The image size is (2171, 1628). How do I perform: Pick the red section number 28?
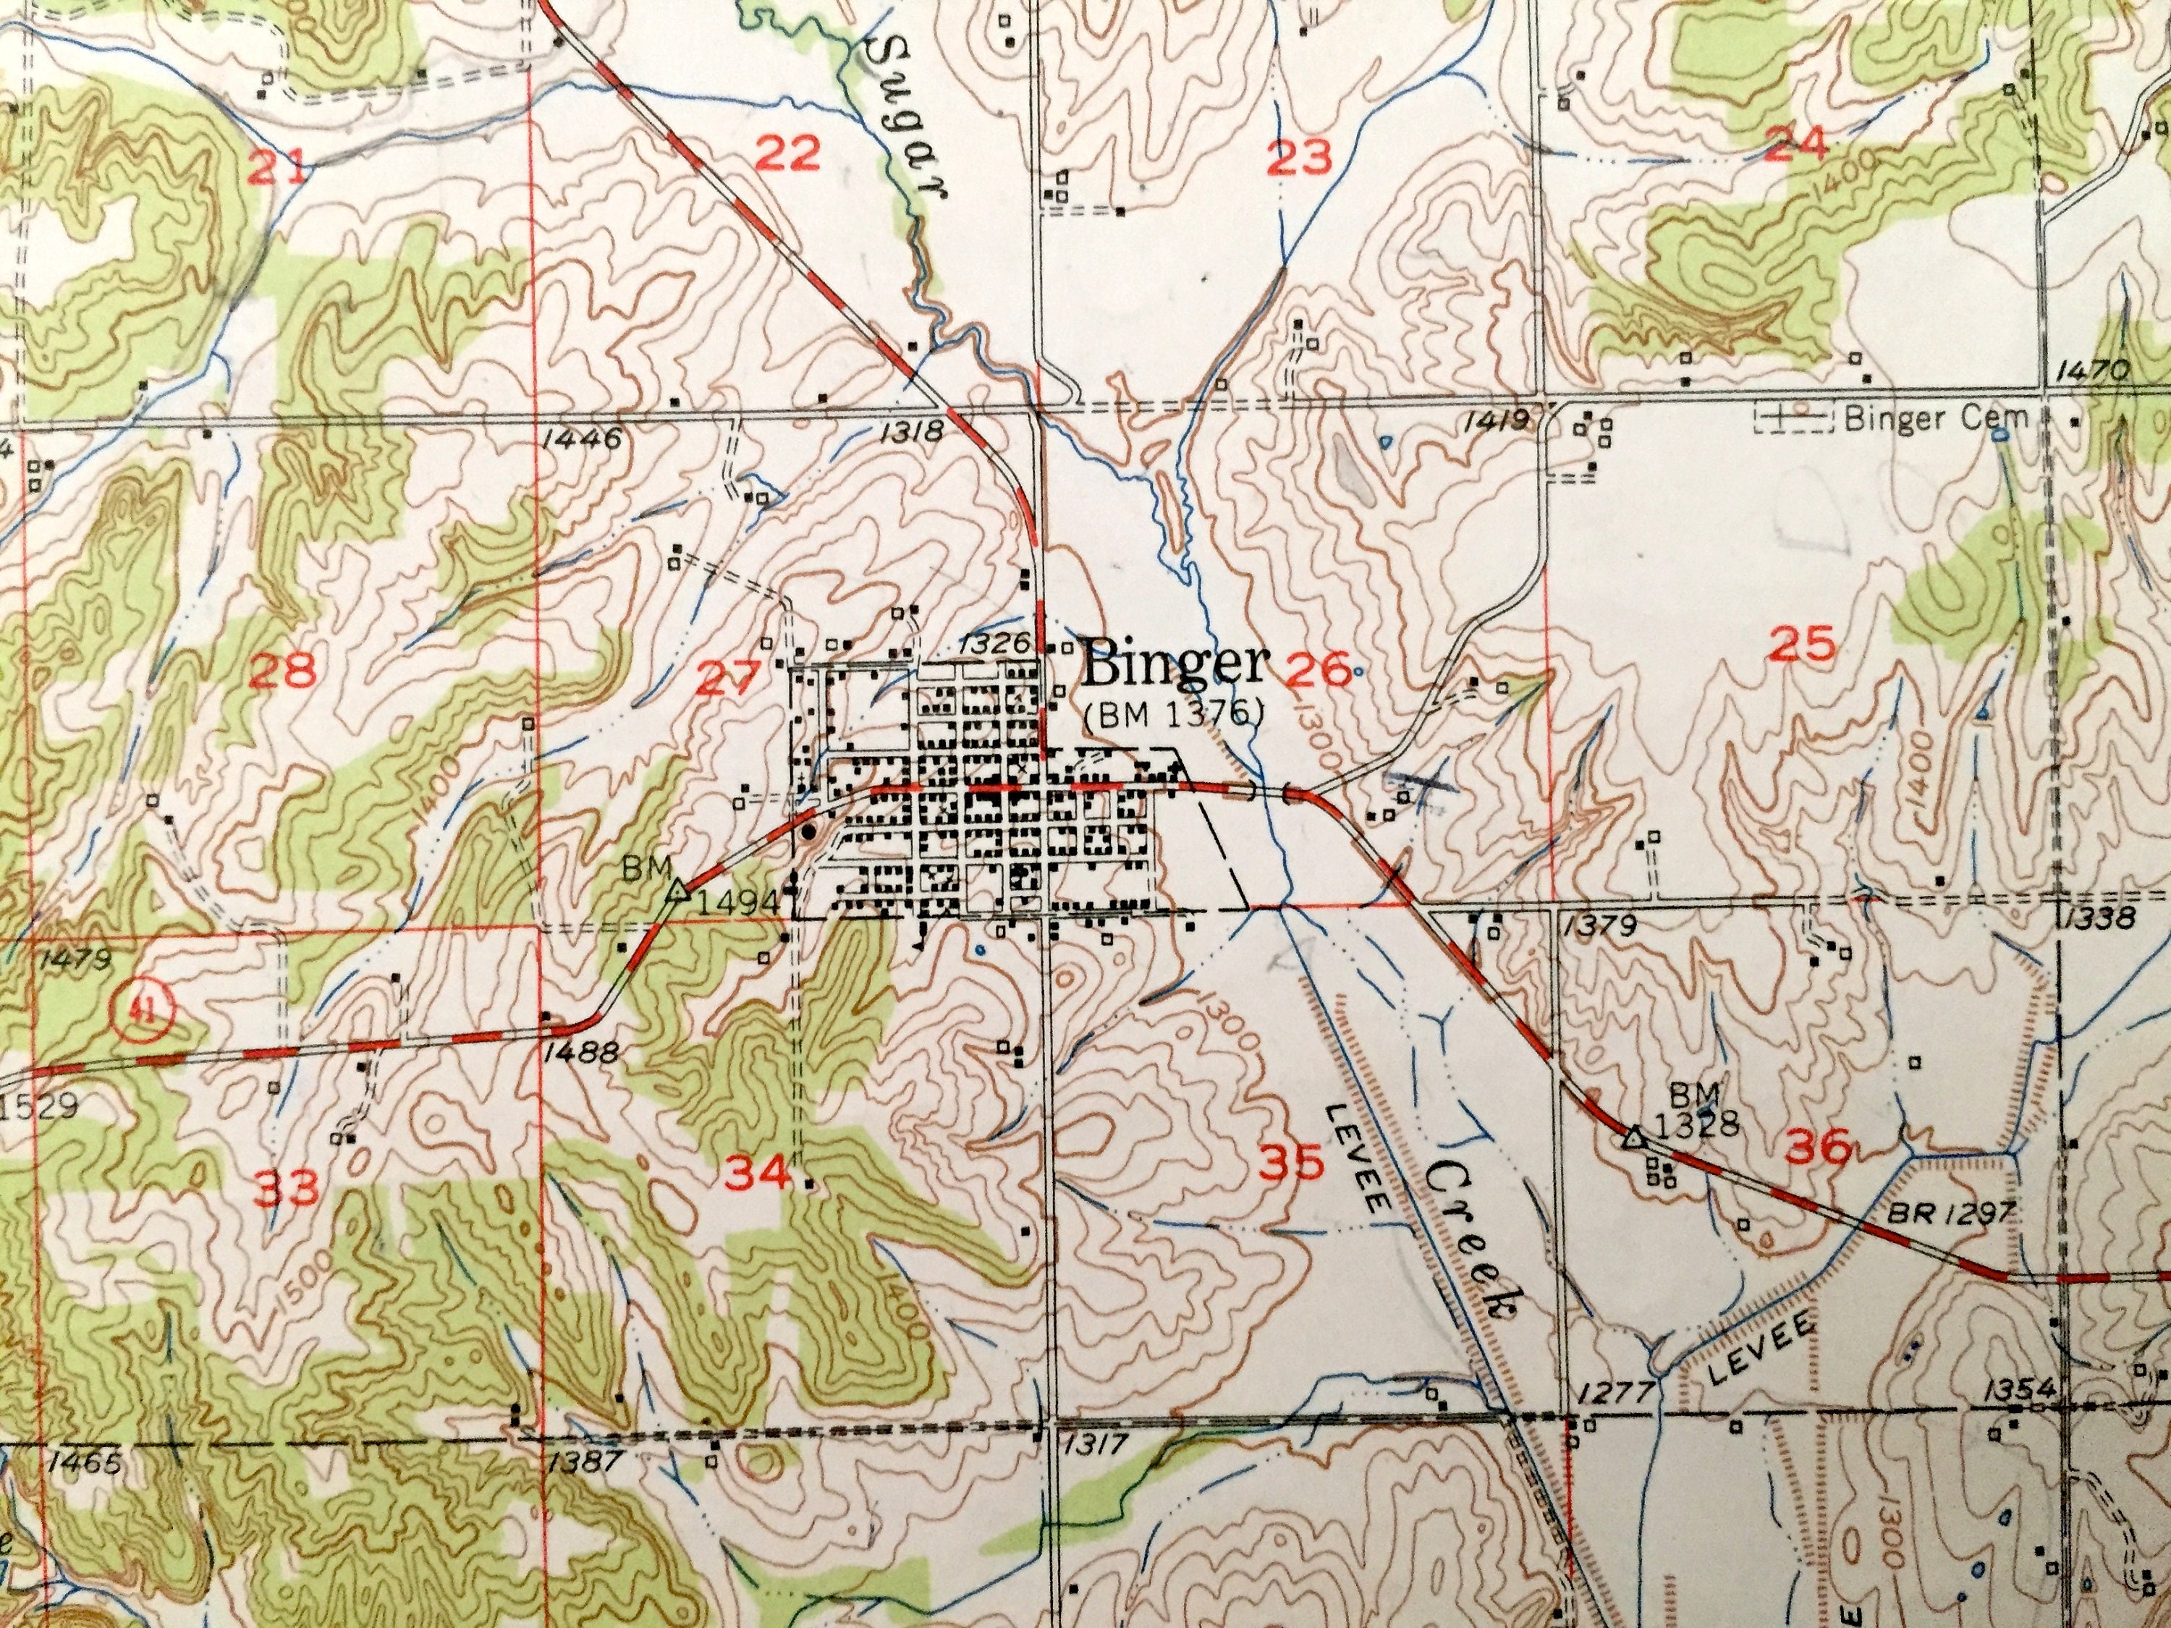tap(283, 672)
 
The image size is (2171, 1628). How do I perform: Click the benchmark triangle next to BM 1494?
tap(675, 892)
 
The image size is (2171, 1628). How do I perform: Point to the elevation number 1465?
tap(83, 1465)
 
